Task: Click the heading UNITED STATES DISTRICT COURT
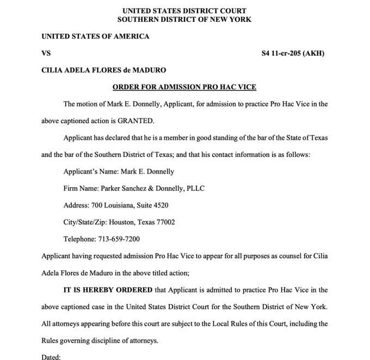pos(184,10)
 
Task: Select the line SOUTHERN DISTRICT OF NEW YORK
pos(184,19)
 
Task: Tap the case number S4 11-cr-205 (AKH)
pos(293,53)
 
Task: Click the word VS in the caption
pos(46,53)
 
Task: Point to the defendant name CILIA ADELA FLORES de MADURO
pos(104,70)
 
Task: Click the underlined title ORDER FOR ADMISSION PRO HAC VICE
pos(184,87)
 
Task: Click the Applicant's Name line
pos(119,172)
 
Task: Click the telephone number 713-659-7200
pos(119,239)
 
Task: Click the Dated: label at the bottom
pos(51,357)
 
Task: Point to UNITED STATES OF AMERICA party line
pos(95,36)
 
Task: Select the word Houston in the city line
pos(122,222)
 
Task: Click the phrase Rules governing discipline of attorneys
pos(99,340)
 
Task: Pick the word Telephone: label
pos(79,239)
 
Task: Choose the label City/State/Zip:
pos(85,222)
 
